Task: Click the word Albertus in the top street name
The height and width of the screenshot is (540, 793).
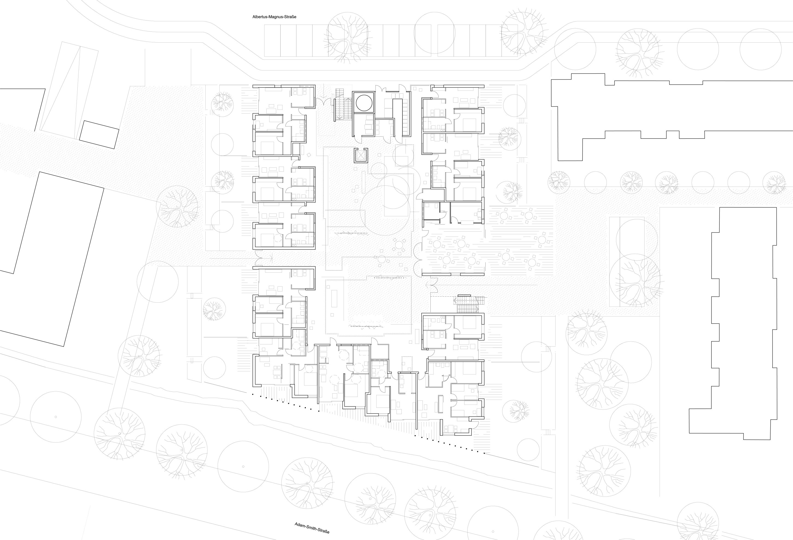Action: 260,17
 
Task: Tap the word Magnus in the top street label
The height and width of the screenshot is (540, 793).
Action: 277,17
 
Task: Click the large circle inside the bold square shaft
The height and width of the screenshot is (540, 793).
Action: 364,102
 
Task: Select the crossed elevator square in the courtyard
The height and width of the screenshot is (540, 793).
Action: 361,156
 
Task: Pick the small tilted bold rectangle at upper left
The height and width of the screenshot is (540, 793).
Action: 99,135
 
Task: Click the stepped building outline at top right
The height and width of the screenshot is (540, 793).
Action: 669,116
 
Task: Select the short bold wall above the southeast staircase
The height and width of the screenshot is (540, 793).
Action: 464,295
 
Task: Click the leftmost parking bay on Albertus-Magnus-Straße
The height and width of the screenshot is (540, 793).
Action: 272,41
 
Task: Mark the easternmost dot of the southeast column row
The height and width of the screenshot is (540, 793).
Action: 484,453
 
